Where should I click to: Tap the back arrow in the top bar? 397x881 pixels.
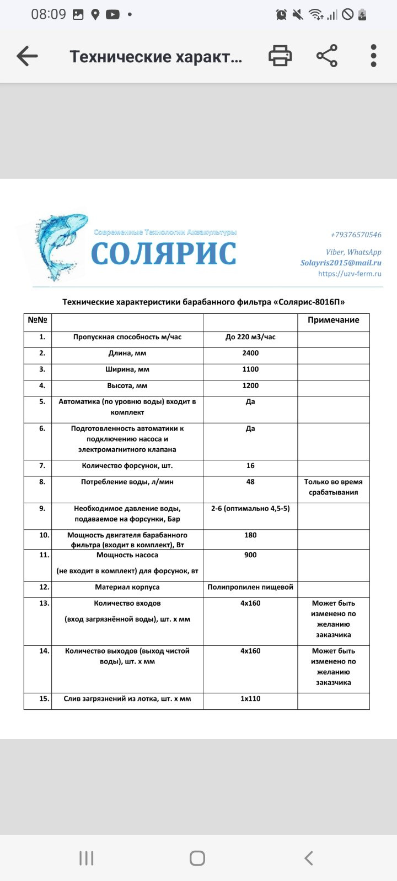27,56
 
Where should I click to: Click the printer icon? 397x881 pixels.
280,56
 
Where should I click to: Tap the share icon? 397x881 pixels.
327,56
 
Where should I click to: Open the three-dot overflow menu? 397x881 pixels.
373,56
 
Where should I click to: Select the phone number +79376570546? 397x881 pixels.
356,235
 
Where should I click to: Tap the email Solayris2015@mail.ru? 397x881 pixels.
341,263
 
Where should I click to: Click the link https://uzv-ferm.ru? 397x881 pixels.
350,274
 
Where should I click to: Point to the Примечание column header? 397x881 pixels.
333,320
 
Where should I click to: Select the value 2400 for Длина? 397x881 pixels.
250,354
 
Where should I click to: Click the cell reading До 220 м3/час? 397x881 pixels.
250,337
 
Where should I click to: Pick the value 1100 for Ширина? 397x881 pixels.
250,369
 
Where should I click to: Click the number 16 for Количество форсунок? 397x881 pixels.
250,466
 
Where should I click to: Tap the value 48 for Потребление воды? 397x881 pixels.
250,482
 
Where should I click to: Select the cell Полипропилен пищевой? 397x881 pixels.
250,588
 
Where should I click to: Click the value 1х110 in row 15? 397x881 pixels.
250,699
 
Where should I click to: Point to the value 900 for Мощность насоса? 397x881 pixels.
250,555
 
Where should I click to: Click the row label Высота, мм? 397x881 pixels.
127,386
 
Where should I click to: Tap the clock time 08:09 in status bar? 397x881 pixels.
49,14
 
